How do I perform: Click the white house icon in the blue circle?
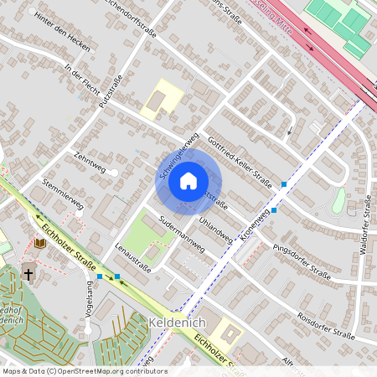(x=188, y=180)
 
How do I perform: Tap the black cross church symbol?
(x=28, y=273)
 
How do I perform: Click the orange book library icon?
(x=40, y=244)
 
